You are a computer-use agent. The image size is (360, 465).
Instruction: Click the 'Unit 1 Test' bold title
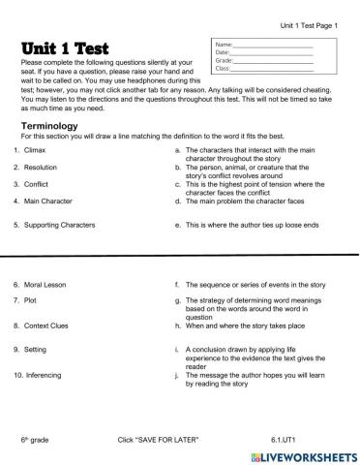click(64, 48)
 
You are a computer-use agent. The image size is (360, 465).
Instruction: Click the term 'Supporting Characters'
click(62, 225)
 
